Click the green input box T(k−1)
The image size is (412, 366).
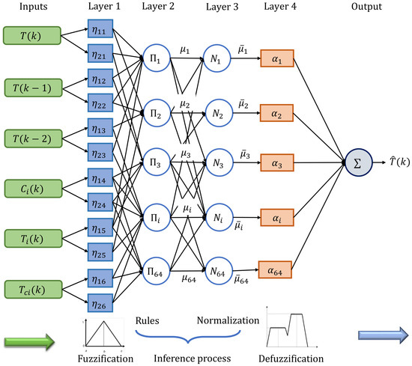coord(34,88)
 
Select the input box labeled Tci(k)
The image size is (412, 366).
coord(34,290)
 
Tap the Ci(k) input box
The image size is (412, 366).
coord(34,189)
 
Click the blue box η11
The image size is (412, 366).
coord(100,28)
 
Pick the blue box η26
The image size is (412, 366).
coord(100,303)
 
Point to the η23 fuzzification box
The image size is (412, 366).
coord(100,152)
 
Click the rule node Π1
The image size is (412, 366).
coord(157,58)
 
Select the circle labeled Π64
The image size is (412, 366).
coord(156,271)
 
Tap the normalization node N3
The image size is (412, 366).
coord(219,162)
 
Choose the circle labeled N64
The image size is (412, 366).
coord(219,271)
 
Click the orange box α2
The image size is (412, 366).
coord(276,113)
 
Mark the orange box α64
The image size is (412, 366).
coord(275,269)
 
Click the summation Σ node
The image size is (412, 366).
coord(358,162)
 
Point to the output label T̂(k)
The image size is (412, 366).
coord(399,162)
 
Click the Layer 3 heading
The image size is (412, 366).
coord(222,7)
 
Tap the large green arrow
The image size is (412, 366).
coord(29,342)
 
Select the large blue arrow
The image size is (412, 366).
coord(383,335)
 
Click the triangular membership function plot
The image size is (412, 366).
coord(103,335)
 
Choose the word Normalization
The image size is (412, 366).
coord(228,320)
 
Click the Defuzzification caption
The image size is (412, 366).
coord(291,359)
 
